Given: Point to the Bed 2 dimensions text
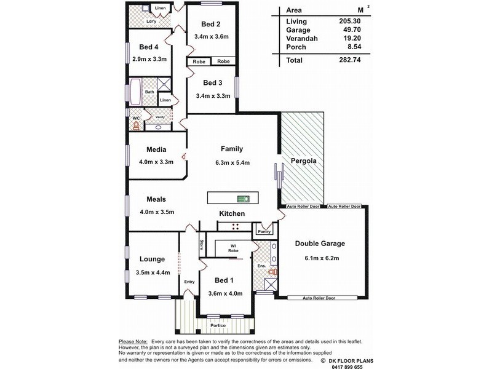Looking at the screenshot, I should click(211, 37).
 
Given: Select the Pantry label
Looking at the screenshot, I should click(264, 231).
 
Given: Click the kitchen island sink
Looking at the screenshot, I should click(243, 198).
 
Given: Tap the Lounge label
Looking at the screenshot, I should click(153, 260).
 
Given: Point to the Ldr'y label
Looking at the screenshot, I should click(150, 22).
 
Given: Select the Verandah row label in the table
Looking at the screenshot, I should click(300, 38).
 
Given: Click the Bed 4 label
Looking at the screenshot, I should click(149, 47).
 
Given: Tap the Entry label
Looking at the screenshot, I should click(189, 282).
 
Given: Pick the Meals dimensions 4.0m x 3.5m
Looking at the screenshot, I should click(157, 212).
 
